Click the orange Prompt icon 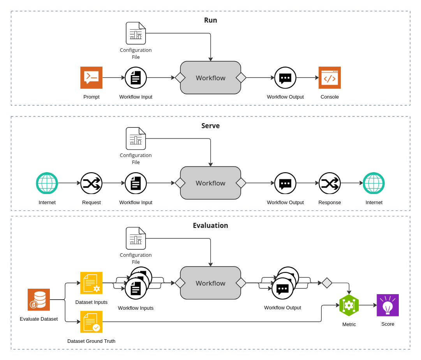91,78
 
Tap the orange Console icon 329,78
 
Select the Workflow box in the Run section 210,78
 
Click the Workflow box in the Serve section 210,183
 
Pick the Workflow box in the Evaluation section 210,283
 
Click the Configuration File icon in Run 136,33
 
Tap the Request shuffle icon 91,183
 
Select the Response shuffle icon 329,183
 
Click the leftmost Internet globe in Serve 47,183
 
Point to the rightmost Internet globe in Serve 373,183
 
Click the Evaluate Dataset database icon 39,300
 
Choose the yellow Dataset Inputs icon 91,283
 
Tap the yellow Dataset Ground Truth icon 91,322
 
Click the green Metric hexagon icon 349,305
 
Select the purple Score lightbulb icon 388,305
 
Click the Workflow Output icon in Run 285,78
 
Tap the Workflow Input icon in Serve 136,183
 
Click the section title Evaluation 210,226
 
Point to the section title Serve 210,126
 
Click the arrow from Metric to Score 368,305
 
